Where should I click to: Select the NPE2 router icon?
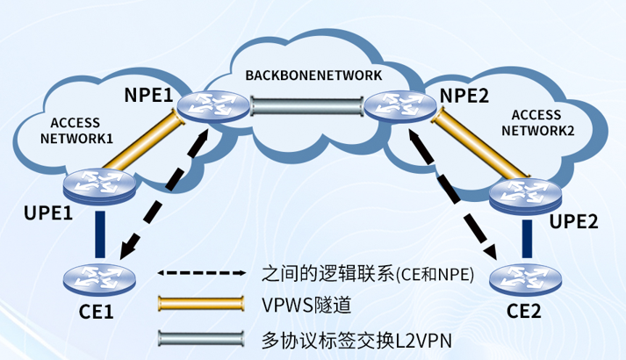click(x=400, y=107)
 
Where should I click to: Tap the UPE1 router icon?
click(x=99, y=186)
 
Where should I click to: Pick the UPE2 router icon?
click(x=525, y=196)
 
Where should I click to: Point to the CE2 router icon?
click(x=526, y=279)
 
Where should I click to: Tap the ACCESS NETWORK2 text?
click(x=537, y=122)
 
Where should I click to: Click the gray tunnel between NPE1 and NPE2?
click(x=305, y=108)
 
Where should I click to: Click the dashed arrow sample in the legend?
click(x=201, y=273)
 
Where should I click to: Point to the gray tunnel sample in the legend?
click(x=201, y=337)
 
